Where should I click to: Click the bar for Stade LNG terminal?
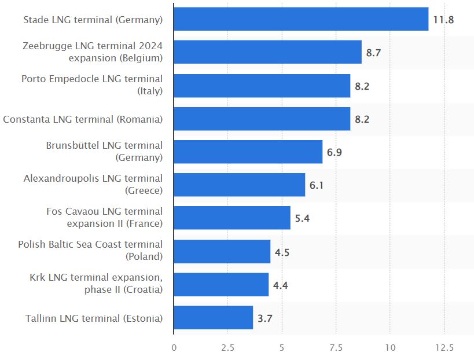[x=301, y=19]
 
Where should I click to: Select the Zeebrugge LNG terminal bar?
[x=267, y=52]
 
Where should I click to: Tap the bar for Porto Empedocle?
[x=262, y=86]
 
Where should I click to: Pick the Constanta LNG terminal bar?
[x=262, y=119]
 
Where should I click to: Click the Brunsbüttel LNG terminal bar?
[x=248, y=152]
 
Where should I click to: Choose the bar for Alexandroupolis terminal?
[x=239, y=185]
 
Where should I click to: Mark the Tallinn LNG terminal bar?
[x=213, y=318]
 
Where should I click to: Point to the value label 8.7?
[x=373, y=53]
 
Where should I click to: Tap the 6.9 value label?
[x=334, y=153]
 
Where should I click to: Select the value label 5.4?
[x=302, y=219]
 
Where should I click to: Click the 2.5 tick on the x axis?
[x=227, y=348]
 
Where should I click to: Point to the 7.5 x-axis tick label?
[x=336, y=348]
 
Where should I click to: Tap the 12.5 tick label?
[x=444, y=348]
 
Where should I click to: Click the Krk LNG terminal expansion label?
[x=96, y=284]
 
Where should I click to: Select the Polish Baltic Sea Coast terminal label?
[x=90, y=251]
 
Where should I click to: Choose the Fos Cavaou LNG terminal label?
[x=105, y=218]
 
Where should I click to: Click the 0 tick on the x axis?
[x=174, y=348]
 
